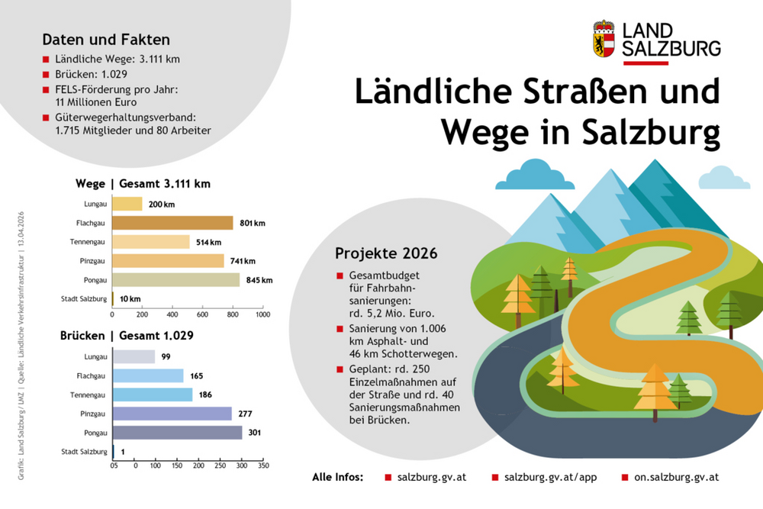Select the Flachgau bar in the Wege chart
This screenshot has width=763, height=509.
pos(172,223)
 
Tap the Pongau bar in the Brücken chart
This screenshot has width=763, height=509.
pos(177,433)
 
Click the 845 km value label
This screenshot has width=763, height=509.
pos(259,280)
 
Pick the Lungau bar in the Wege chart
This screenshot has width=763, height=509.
pos(127,204)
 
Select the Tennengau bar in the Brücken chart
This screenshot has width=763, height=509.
pos(153,395)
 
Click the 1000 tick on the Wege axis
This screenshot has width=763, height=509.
pos(262,314)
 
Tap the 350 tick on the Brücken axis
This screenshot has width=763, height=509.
pos(262,465)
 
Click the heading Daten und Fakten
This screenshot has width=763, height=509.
pos(106,39)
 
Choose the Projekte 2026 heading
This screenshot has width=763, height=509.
pos(386,253)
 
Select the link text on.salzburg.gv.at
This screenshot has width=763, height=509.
pos(676,477)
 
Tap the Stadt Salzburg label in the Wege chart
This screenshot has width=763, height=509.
pos(85,299)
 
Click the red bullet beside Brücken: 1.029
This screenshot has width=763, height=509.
pos(47,76)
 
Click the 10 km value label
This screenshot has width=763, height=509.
pos(130,299)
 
